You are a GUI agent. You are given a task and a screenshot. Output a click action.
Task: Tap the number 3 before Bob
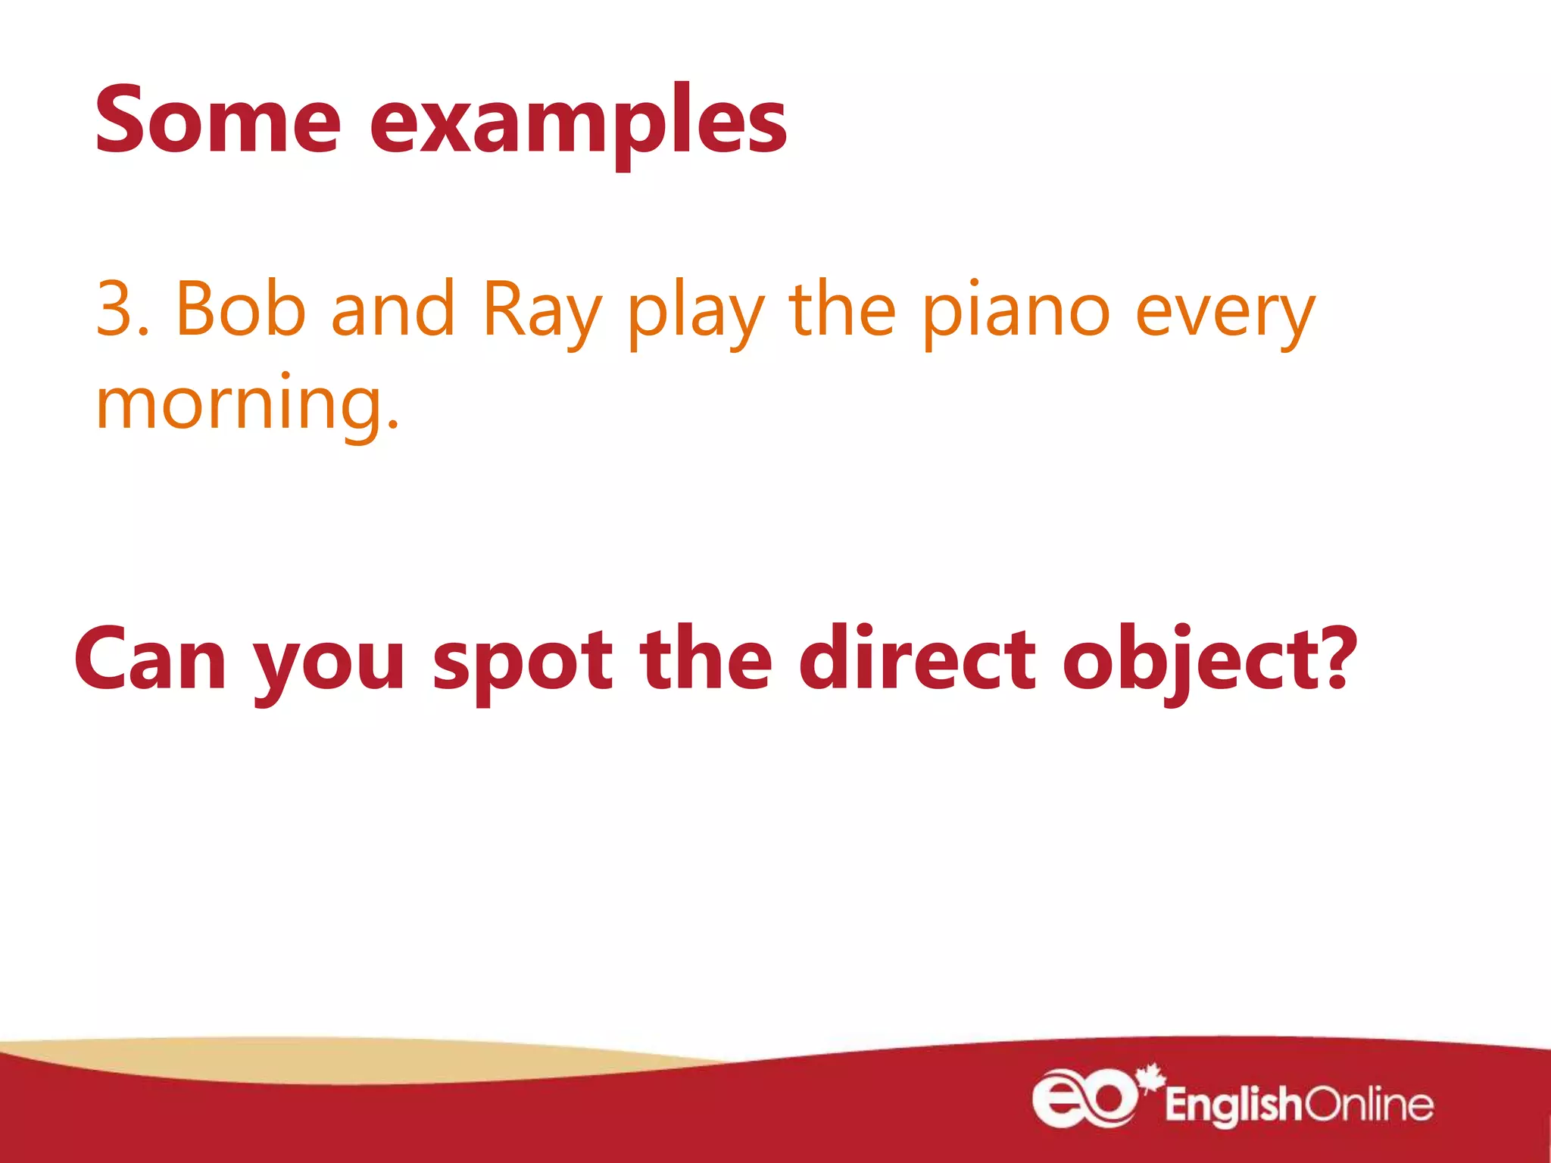(114, 309)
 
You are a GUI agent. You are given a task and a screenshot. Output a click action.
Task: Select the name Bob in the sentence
(239, 309)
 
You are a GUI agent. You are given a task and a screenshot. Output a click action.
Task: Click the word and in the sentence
(392, 309)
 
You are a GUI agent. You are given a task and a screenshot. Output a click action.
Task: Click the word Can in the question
(150, 659)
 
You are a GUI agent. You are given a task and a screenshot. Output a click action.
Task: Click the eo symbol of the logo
(1084, 1098)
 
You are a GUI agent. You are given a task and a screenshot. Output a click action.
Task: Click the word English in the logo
(1232, 1105)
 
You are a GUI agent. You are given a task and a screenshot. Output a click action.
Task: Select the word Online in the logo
(1367, 1105)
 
